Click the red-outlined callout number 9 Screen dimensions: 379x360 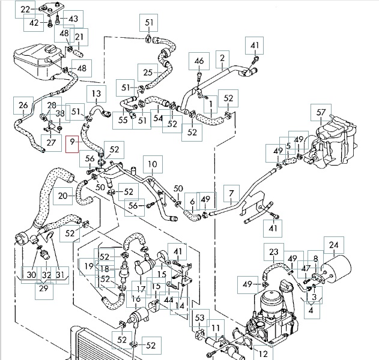click(72, 144)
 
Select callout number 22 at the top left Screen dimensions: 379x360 click(25, 10)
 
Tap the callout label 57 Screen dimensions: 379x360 click(321, 113)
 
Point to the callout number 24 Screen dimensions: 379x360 click(333, 245)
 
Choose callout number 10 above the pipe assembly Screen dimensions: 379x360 click(153, 164)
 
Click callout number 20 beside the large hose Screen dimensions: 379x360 click(62, 196)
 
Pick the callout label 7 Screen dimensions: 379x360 click(232, 193)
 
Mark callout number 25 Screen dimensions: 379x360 click(148, 73)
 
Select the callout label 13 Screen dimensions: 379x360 click(96, 94)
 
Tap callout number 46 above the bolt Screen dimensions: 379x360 click(199, 61)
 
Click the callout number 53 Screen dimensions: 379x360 click(199, 318)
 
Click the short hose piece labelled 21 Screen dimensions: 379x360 click(78, 53)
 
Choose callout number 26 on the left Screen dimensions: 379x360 click(23, 106)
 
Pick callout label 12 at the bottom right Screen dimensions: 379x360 click(263, 354)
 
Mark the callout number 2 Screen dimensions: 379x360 click(222, 58)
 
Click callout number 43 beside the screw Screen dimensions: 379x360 click(73, 19)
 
